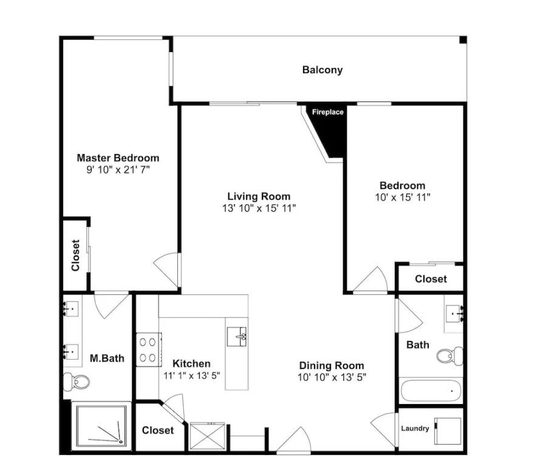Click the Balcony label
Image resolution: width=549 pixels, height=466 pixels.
pos(322,70)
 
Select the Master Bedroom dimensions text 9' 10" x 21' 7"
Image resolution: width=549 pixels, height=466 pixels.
pos(118,170)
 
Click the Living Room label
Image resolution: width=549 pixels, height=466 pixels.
pos(259,196)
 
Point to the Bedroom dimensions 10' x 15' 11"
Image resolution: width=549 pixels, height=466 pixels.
pos(403,197)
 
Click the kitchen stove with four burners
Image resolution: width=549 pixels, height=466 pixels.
pos(149,349)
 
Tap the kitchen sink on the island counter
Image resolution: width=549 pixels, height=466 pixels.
pos(237,337)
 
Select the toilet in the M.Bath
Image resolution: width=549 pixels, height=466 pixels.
pos(77,382)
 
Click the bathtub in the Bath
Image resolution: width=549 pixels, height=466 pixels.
pos(431,391)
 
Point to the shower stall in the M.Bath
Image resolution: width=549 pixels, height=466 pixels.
pos(101,426)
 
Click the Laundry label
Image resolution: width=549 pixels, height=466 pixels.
pos(415,428)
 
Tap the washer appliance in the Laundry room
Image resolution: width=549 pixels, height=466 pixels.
pos(448,431)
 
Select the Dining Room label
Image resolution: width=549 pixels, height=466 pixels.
pos(332,366)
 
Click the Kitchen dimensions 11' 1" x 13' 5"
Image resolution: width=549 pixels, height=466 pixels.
pos(191,376)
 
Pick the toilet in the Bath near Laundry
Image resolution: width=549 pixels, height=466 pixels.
pos(450,356)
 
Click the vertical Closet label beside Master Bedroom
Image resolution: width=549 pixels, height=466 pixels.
pos(76,255)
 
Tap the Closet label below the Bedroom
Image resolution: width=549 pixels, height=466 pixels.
pos(431,279)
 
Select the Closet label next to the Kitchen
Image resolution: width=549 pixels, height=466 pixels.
pos(157,430)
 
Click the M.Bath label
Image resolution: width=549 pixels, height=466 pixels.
pos(107,358)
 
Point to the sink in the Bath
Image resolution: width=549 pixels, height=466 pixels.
pos(454,314)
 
